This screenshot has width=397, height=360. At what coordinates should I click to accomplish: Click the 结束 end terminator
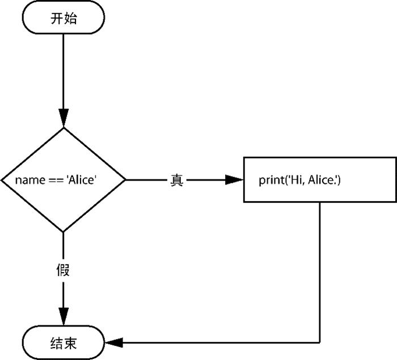64,342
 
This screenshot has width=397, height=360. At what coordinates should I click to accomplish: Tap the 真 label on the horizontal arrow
176,180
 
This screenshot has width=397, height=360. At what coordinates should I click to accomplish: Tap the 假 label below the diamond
64,270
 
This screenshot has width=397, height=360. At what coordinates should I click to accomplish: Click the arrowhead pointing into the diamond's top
64,119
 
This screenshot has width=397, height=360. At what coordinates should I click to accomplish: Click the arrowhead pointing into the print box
234,180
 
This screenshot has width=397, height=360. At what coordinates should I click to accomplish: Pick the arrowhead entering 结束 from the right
114,342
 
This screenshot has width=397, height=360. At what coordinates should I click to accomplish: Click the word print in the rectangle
271,181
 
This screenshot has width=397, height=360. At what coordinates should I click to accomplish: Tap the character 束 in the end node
70,342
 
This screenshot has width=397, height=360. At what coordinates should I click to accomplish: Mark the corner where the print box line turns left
320,342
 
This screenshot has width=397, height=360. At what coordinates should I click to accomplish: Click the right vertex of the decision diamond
125,180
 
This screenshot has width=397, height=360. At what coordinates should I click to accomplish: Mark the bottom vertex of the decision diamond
64,232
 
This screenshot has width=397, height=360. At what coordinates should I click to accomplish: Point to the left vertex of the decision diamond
2,180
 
